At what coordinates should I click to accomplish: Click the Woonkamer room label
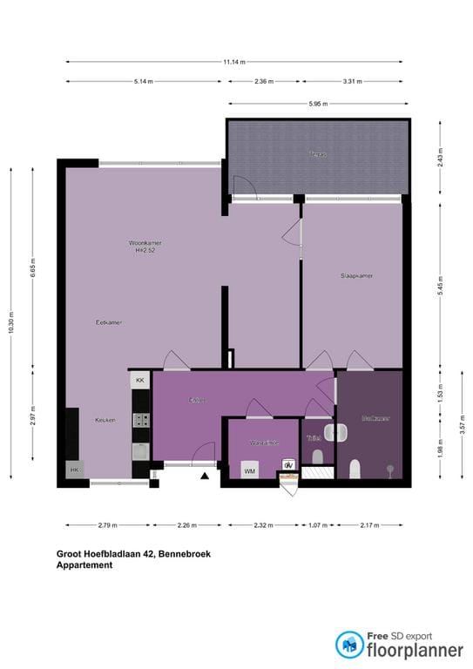(145, 242)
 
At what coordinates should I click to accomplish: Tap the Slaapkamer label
(357, 275)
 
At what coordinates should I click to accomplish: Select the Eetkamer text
(109, 322)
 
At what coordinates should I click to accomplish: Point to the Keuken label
(105, 420)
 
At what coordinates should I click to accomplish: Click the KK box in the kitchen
(139, 381)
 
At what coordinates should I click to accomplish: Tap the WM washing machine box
(250, 471)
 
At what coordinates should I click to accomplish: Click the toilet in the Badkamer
(355, 470)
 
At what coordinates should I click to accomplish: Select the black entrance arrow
(205, 476)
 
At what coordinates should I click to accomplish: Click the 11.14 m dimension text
(234, 62)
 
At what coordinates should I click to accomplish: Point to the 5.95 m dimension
(318, 105)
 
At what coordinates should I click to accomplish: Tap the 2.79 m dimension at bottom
(108, 525)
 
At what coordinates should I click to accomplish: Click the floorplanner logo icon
(350, 645)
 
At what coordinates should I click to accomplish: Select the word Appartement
(84, 565)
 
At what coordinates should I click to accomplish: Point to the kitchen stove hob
(141, 420)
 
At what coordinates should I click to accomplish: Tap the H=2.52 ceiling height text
(145, 251)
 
